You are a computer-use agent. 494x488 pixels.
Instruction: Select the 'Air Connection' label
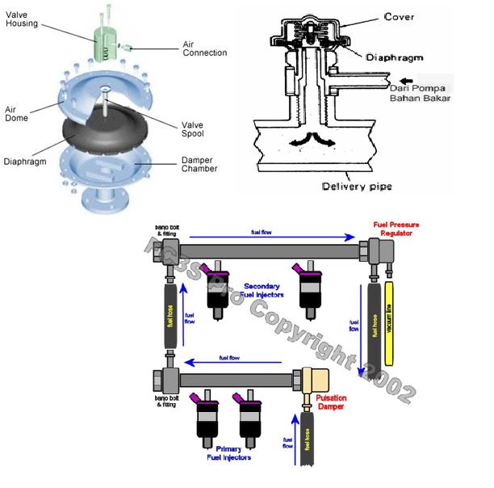(204, 48)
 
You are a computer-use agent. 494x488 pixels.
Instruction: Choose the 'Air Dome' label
(15, 113)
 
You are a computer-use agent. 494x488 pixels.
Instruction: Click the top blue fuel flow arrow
(267, 238)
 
